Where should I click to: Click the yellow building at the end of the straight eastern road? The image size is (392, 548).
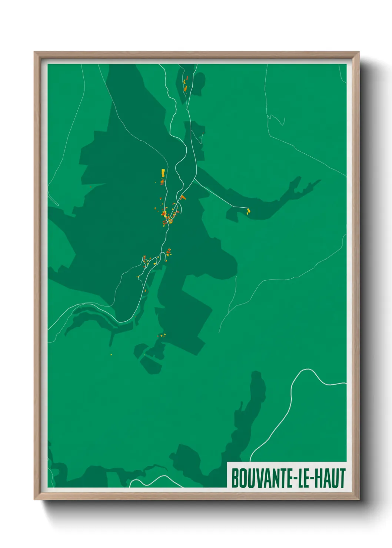[248, 211]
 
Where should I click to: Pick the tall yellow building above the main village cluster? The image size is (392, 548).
[163, 173]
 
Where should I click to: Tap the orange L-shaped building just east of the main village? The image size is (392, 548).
[183, 197]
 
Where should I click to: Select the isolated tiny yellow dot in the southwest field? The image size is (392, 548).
[111, 355]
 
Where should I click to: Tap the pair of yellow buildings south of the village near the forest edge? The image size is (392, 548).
[162, 335]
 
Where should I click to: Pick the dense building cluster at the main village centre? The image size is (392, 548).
[169, 217]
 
